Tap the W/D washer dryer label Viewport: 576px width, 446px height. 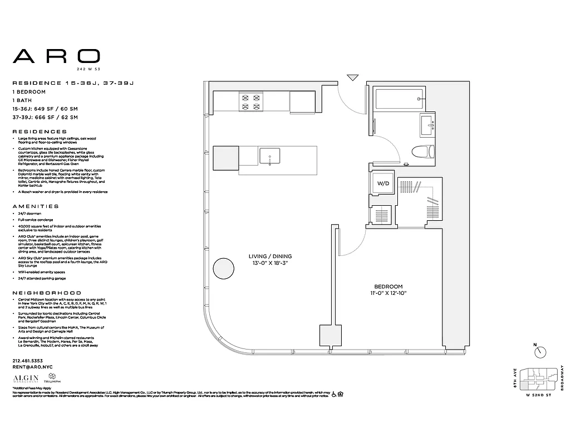tap(383, 183)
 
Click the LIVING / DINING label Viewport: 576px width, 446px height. tap(270, 256)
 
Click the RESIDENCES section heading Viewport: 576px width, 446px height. tap(40, 132)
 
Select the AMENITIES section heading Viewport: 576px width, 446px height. tap(36, 206)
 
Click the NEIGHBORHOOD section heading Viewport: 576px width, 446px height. tap(47, 293)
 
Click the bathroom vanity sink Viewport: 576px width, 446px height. tap(429, 125)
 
